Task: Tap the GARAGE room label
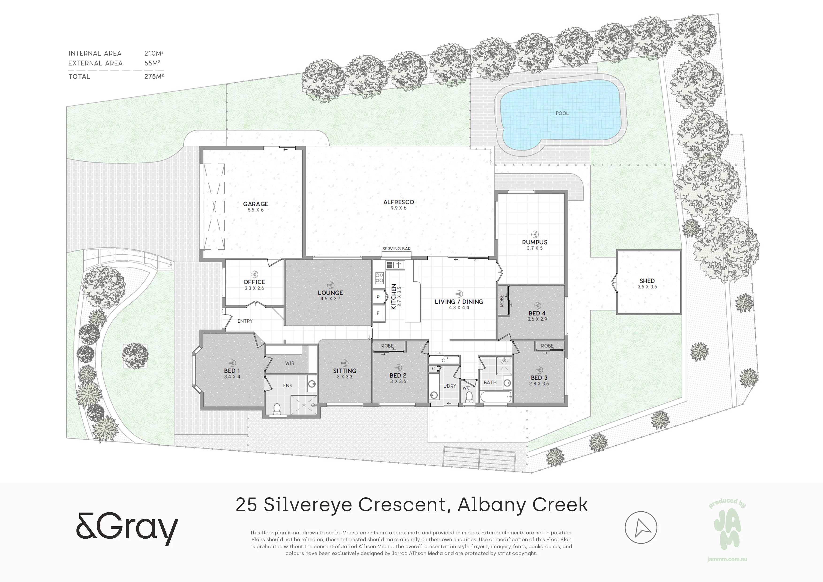click(255, 204)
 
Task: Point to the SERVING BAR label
click(396, 249)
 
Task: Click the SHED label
click(647, 281)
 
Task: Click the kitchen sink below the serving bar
click(395, 265)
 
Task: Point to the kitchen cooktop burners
click(379, 278)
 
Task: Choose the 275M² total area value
click(154, 76)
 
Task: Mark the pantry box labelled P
click(378, 297)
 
